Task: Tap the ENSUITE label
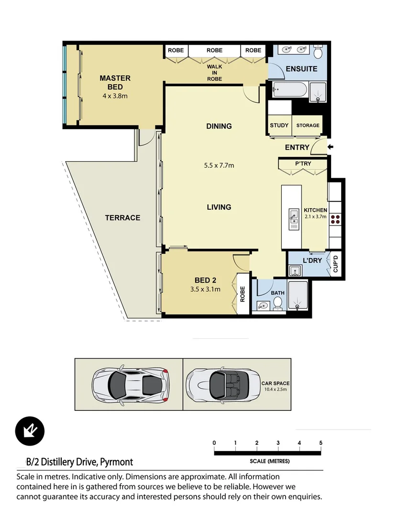pyautogui.click(x=301, y=69)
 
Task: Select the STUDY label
pyautogui.click(x=279, y=125)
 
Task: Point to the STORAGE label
pyautogui.click(x=308, y=125)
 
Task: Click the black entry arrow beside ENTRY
pyautogui.click(x=330, y=147)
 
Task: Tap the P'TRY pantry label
pyautogui.click(x=303, y=164)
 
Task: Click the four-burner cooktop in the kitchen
pyautogui.click(x=335, y=219)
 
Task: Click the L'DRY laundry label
pyautogui.click(x=312, y=261)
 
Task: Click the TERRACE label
pyautogui.click(x=122, y=218)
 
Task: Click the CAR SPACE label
pyautogui.click(x=275, y=383)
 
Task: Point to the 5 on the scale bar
pyautogui.click(x=321, y=442)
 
